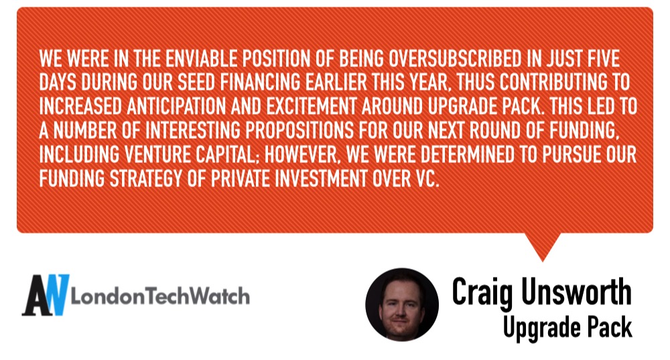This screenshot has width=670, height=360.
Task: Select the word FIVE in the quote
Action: [x=603, y=58]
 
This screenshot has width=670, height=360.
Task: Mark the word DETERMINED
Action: [x=468, y=154]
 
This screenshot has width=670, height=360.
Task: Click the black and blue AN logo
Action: [x=46, y=295]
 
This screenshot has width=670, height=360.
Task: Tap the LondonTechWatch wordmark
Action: [x=160, y=296]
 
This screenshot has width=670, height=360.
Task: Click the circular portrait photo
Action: [x=401, y=304]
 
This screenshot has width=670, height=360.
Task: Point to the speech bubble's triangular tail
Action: [x=543, y=244]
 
